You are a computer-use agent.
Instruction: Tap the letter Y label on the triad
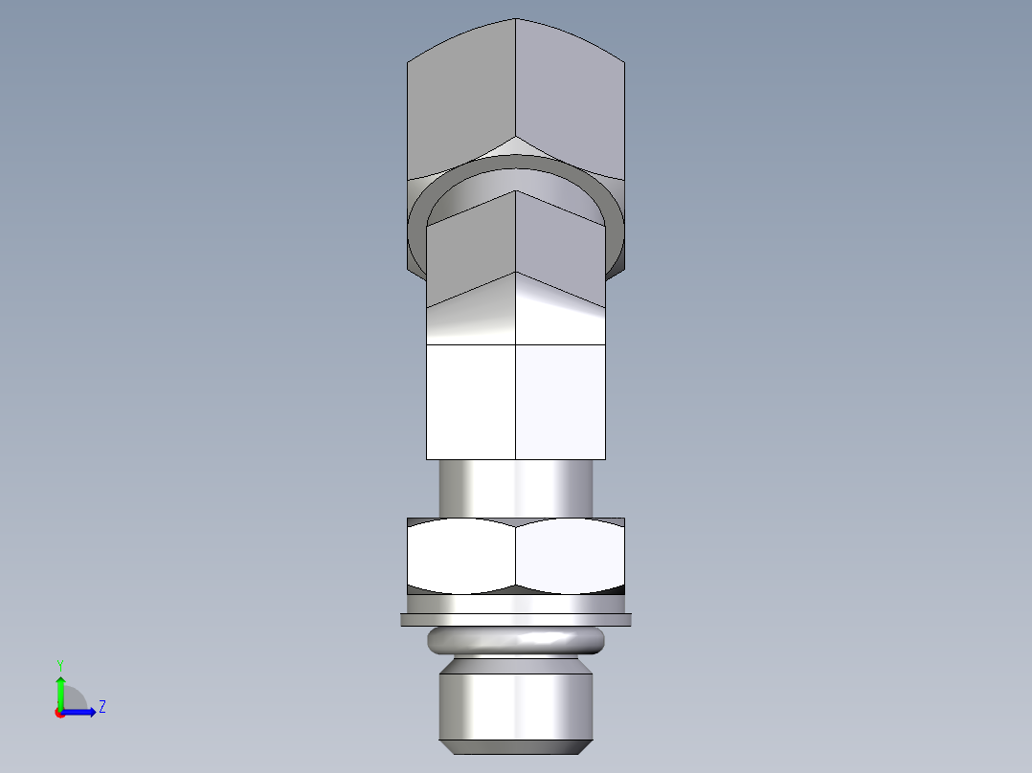click(x=59, y=664)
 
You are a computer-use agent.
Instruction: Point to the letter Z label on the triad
click(x=102, y=707)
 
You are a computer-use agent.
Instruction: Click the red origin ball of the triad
click(x=60, y=713)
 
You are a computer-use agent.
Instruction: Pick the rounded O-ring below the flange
click(x=516, y=640)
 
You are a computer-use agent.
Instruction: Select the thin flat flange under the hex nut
click(x=516, y=620)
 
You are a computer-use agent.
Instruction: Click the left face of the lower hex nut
click(x=460, y=556)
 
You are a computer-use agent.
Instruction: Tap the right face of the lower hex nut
click(x=571, y=556)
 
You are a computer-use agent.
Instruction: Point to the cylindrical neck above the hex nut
click(x=516, y=489)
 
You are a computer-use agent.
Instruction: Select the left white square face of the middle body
click(x=470, y=402)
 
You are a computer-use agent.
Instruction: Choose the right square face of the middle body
click(x=561, y=402)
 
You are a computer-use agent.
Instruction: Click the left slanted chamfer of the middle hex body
click(x=470, y=316)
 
